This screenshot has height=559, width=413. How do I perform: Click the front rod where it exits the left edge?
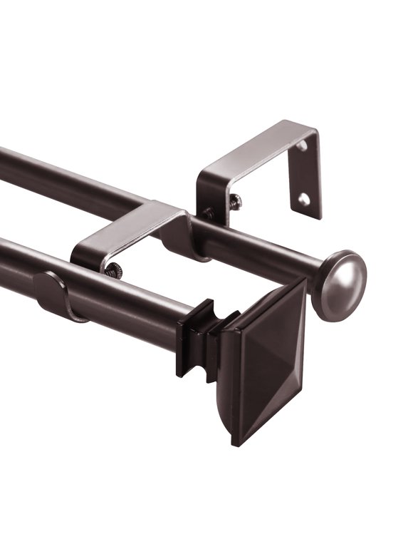[6, 257]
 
